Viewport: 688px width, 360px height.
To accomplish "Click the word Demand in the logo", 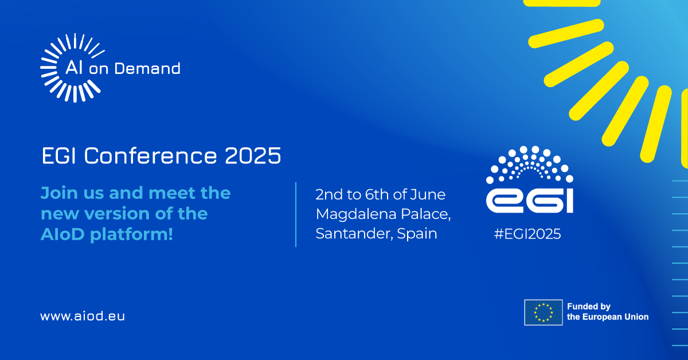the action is (147, 68).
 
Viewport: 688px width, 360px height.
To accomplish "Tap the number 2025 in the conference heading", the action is (253, 155).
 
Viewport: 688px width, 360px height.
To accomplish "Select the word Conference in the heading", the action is (150, 155).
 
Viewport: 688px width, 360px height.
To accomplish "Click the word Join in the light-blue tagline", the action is (59, 193).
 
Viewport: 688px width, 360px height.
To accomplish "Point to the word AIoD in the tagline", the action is (62, 234).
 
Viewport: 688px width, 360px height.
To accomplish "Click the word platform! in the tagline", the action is (131, 235).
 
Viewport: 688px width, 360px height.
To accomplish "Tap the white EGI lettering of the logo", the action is (530, 201).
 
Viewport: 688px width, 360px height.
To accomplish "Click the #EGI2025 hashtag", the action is (527, 234).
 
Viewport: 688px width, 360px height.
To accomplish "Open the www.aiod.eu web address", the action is (83, 316).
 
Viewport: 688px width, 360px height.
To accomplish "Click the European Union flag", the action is (544, 312).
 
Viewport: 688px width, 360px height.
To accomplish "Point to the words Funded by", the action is (589, 307).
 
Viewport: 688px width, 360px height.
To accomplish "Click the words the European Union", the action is (608, 317).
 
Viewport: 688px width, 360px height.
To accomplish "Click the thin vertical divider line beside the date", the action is (296, 214).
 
